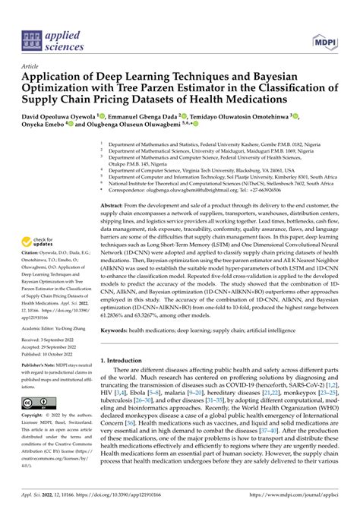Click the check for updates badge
coord(43,242)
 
